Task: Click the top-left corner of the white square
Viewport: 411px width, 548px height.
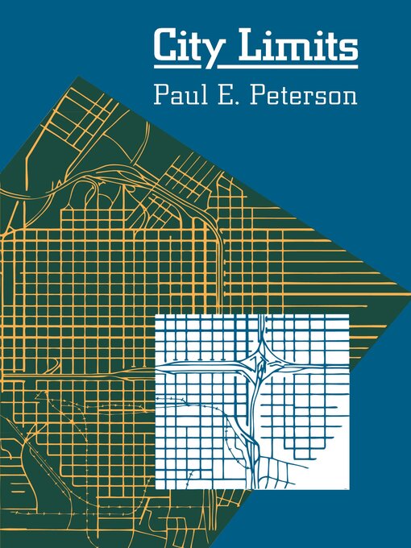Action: [156, 315]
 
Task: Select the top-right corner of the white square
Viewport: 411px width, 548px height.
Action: [349, 315]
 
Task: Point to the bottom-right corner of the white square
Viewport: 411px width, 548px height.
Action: [349, 489]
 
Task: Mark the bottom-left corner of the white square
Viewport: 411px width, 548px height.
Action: [156, 489]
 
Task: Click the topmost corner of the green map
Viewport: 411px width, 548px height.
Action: [78, 77]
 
